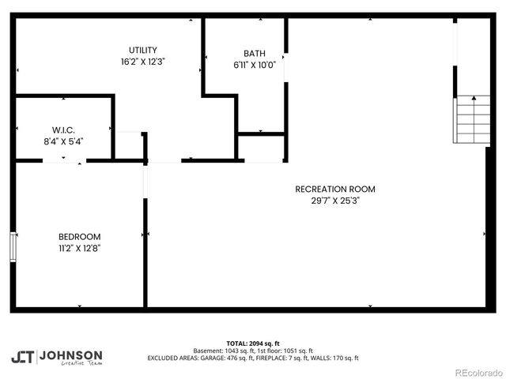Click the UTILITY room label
pyautogui.click(x=143, y=50)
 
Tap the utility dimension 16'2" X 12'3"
pyautogui.click(x=143, y=61)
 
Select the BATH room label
pyautogui.click(x=244, y=54)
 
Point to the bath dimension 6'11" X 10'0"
pyautogui.click(x=244, y=66)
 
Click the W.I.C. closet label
pyautogui.click(x=63, y=129)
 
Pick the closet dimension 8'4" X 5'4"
pyautogui.click(x=63, y=141)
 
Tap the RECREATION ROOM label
pyautogui.click(x=334, y=189)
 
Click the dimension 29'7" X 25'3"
pyautogui.click(x=334, y=201)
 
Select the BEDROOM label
pyautogui.click(x=79, y=236)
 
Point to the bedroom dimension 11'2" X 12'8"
pyautogui.click(x=79, y=248)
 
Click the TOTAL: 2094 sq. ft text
pyautogui.click(x=253, y=343)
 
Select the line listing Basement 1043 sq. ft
pyautogui.click(x=253, y=351)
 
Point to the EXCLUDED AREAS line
pyautogui.click(x=253, y=358)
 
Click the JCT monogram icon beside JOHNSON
pyautogui.click(x=22, y=357)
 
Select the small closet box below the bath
pyautogui.click(x=260, y=148)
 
